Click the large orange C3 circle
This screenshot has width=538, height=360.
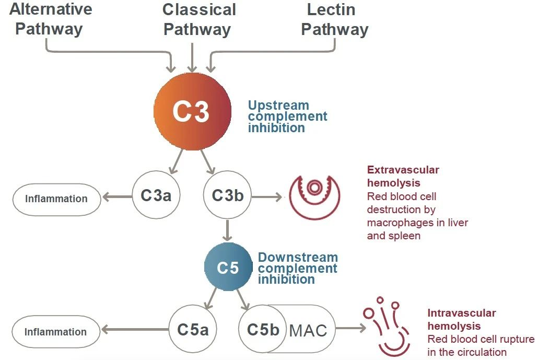[192, 111]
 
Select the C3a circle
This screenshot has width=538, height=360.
[155, 196]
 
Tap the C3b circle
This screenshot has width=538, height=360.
[227, 196]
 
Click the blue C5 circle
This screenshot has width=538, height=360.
[228, 268]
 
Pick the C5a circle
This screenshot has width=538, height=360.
[193, 330]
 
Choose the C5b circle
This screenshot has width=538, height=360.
[263, 330]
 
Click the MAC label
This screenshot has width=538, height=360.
[308, 330]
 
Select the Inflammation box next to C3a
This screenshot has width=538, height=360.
[56, 199]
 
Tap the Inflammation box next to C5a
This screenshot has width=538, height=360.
[55, 332]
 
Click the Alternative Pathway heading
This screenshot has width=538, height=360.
[50, 19]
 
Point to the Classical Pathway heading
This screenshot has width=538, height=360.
[198, 19]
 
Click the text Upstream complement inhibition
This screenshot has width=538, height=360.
[287, 116]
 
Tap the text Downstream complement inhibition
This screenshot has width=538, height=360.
[297, 268]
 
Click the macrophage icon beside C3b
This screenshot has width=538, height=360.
[314, 196]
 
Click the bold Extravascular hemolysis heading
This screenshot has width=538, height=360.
[403, 176]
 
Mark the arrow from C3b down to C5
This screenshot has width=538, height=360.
[227, 230]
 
